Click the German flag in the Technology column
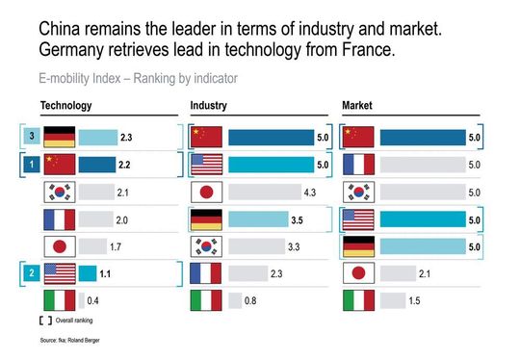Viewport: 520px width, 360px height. coord(60,138)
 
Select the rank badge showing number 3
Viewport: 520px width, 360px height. coord(33,138)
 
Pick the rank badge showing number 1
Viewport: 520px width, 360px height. coord(33,165)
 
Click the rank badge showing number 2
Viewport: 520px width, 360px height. coord(33,273)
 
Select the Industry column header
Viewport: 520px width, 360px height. coord(209,104)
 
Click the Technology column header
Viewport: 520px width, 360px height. coord(66,104)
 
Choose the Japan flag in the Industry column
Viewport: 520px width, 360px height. coord(207,192)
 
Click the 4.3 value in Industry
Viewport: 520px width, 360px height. coord(309,193)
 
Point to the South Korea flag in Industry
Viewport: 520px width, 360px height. coord(207,246)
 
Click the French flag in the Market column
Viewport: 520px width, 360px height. coord(359,165)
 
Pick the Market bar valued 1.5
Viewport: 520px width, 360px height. coord(392,301)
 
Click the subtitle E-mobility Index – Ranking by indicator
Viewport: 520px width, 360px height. coord(139,77)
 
